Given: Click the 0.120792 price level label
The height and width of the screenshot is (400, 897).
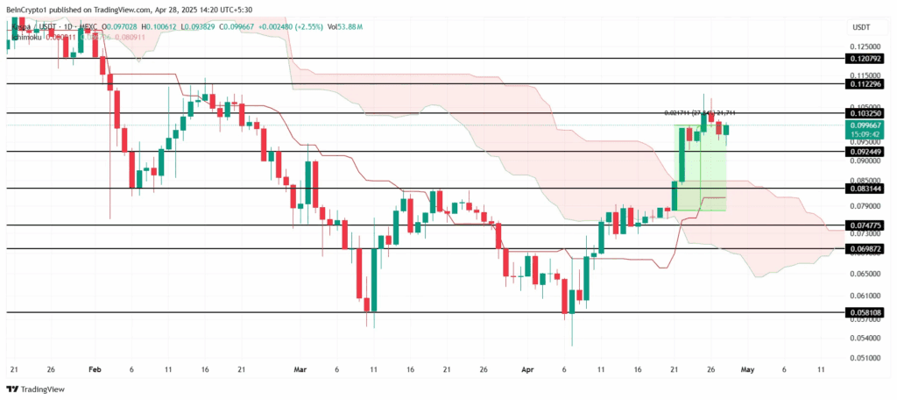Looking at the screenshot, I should tap(865, 58).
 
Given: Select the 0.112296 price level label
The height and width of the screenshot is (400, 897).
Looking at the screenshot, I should tap(865, 84).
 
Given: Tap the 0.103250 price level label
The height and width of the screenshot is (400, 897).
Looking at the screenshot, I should tap(865, 114).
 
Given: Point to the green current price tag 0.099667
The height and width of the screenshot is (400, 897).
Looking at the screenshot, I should tap(865, 125).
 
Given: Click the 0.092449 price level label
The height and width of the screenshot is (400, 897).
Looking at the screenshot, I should tap(865, 151).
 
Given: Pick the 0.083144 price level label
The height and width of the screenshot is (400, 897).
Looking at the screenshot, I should tap(865, 189).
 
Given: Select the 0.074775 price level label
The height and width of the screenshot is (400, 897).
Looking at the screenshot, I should tap(865, 225).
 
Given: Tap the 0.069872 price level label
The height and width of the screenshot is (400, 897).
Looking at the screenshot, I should tap(865, 249).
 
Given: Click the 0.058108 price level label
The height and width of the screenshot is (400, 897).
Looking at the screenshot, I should tap(865, 312).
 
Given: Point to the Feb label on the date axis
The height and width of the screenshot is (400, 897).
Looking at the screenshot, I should tap(95, 370).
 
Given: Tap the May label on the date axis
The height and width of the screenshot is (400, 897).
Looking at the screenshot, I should tap(747, 370).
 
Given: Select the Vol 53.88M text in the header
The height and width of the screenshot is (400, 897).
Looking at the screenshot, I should tap(285, 26).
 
